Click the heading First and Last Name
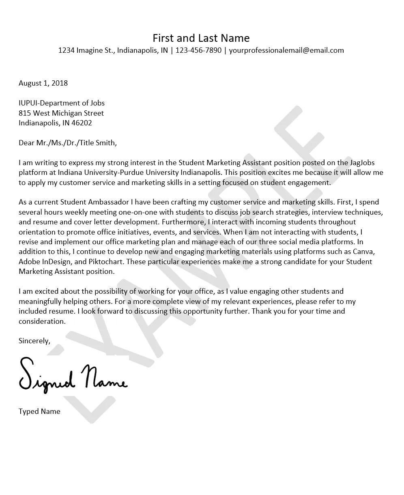201,38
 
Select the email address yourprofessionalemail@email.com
286,50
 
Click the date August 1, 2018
43,83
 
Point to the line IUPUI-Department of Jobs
61,103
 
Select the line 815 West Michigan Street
61,113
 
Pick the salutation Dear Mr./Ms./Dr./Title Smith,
68,143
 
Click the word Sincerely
34,341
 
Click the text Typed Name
39,411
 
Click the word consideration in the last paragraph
41,321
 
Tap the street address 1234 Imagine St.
86,50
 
